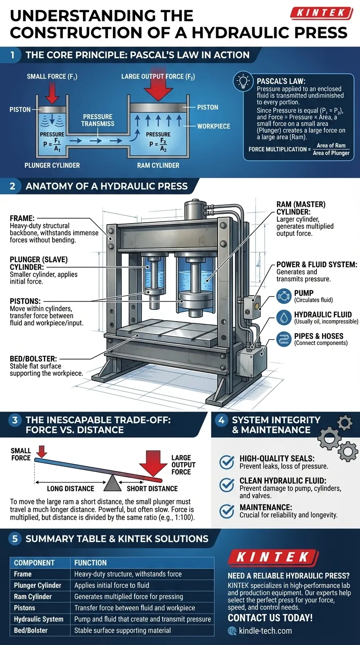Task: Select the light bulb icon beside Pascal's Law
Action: [244, 82]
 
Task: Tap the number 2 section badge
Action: [13, 186]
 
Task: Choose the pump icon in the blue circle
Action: [284, 296]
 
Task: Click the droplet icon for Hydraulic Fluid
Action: [284, 317]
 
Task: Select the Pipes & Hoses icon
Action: [284, 338]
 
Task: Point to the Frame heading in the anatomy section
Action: [21, 218]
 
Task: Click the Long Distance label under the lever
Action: [70, 488]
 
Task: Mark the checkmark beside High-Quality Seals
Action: [227, 462]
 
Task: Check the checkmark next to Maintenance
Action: [227, 511]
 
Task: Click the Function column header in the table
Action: [90, 562]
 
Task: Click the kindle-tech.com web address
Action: [265, 630]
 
